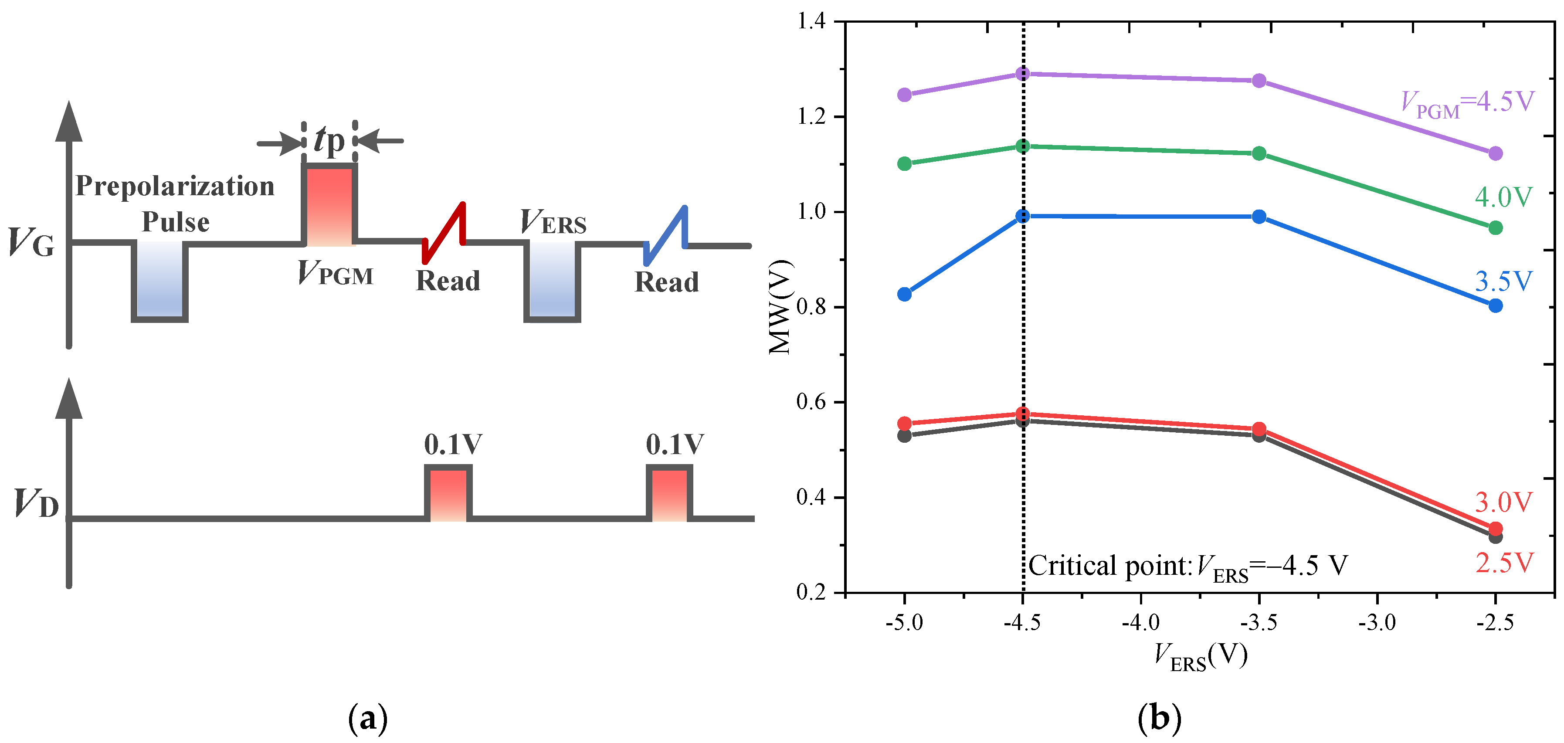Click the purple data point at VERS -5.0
tap(904, 95)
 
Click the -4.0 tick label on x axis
tap(1140, 623)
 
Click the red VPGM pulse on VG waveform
tap(329, 205)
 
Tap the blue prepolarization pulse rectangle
tap(159, 281)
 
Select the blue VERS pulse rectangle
tap(552, 281)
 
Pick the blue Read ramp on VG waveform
tap(666, 235)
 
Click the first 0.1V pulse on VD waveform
tap(448, 493)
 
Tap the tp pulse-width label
tap(329, 141)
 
